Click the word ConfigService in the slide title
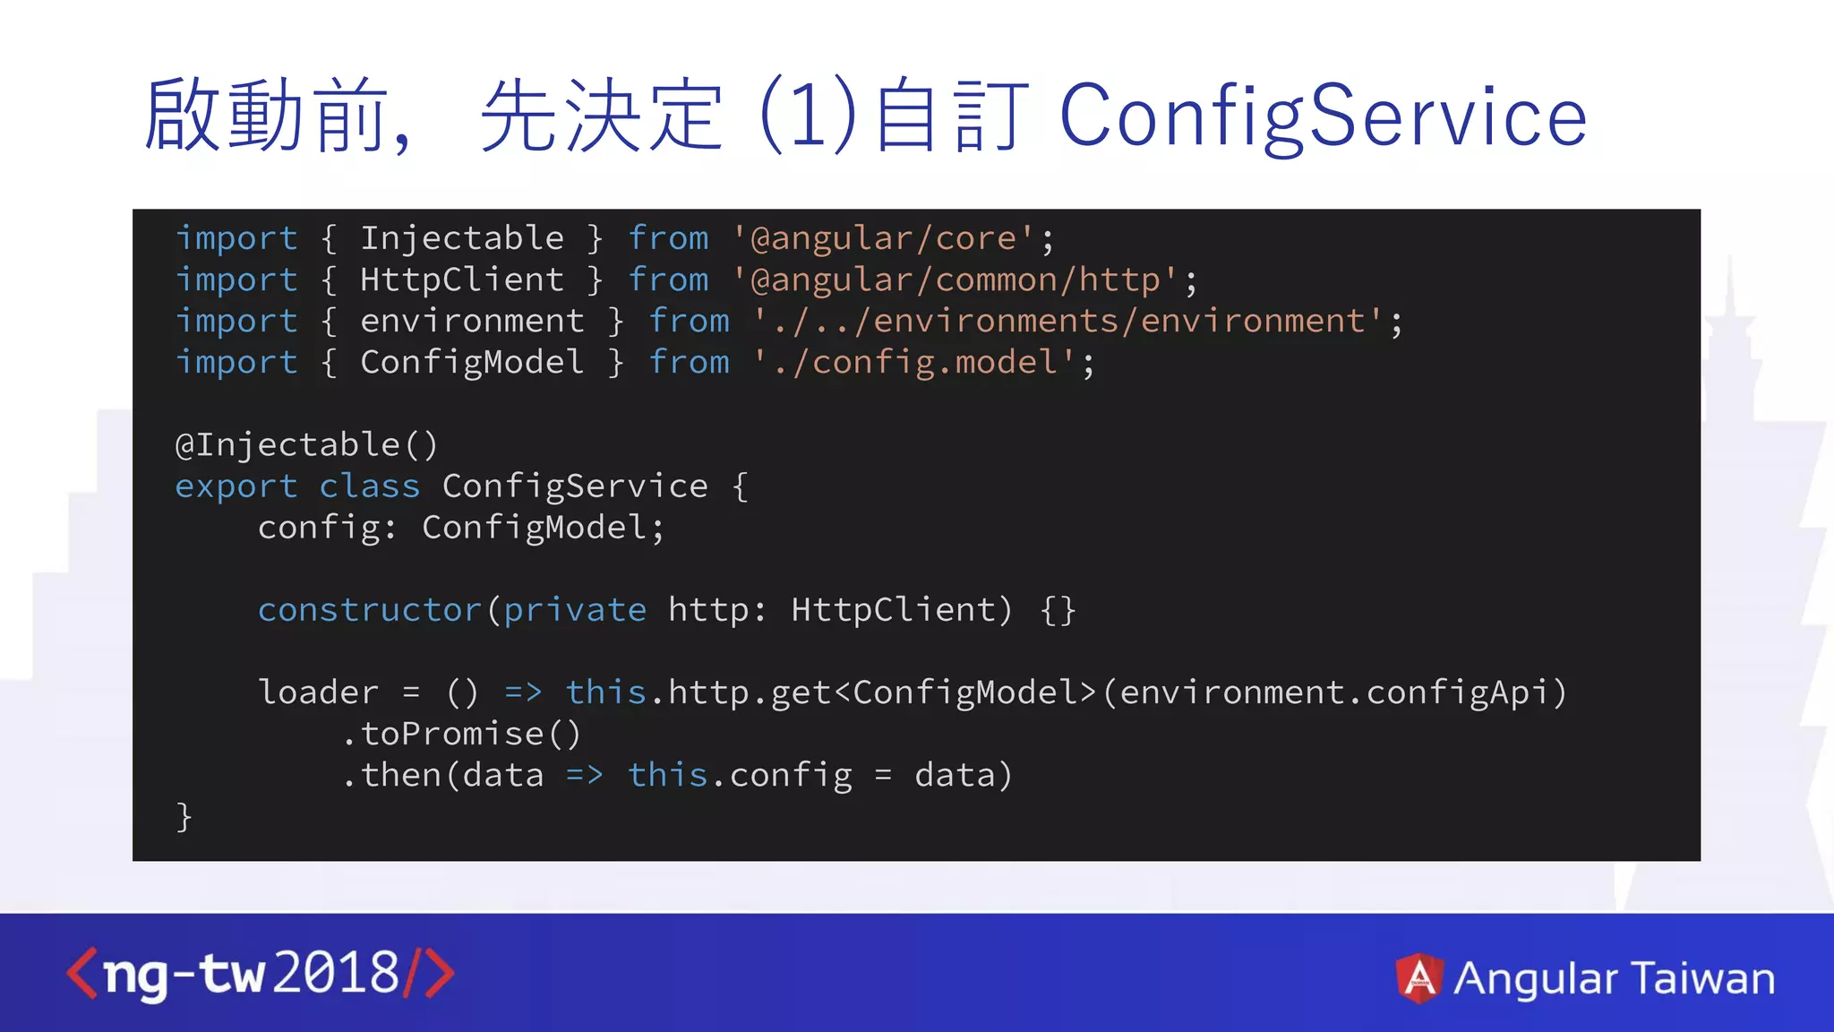coord(1323,116)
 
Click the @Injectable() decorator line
coord(306,445)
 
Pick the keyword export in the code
coord(236,486)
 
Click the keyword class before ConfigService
coord(369,486)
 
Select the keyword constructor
coord(370,610)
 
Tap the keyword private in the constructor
coord(574,610)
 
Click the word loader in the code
coord(318,692)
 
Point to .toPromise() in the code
coord(461,734)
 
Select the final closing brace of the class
coord(184,816)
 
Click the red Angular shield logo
coord(1418,977)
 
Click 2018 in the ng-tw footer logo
coord(336,973)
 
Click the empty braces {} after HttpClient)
coord(1058,610)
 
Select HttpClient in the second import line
coord(461,279)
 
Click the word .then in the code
coord(391,775)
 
